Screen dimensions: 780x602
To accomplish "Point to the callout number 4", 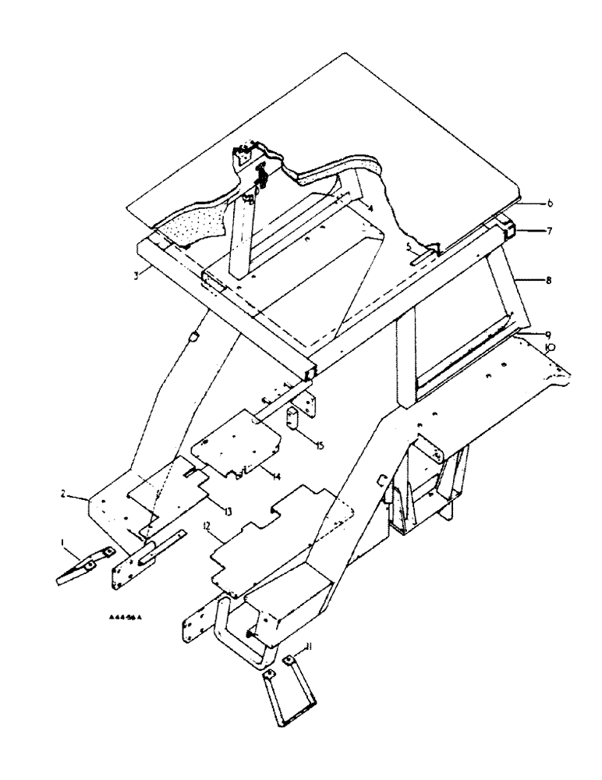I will pyautogui.click(x=370, y=208).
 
